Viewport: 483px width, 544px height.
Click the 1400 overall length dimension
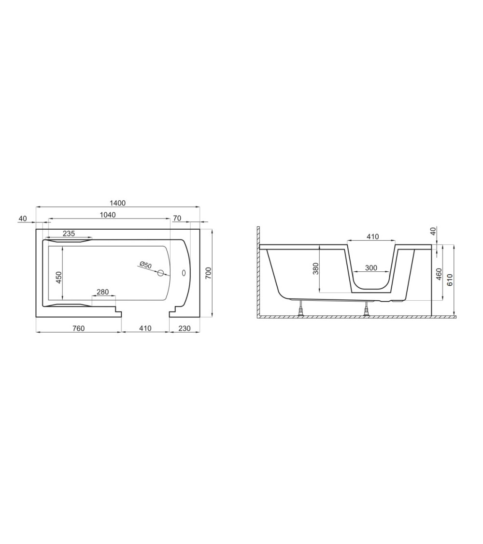click(x=118, y=203)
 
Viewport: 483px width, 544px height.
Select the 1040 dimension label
click(x=108, y=215)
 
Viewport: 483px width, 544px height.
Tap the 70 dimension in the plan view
click(x=177, y=218)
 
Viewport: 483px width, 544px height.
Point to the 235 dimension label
click(x=69, y=234)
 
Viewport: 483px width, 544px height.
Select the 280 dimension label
click(x=102, y=292)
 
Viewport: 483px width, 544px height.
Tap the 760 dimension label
click(x=79, y=328)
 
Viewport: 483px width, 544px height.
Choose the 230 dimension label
click(x=185, y=328)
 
